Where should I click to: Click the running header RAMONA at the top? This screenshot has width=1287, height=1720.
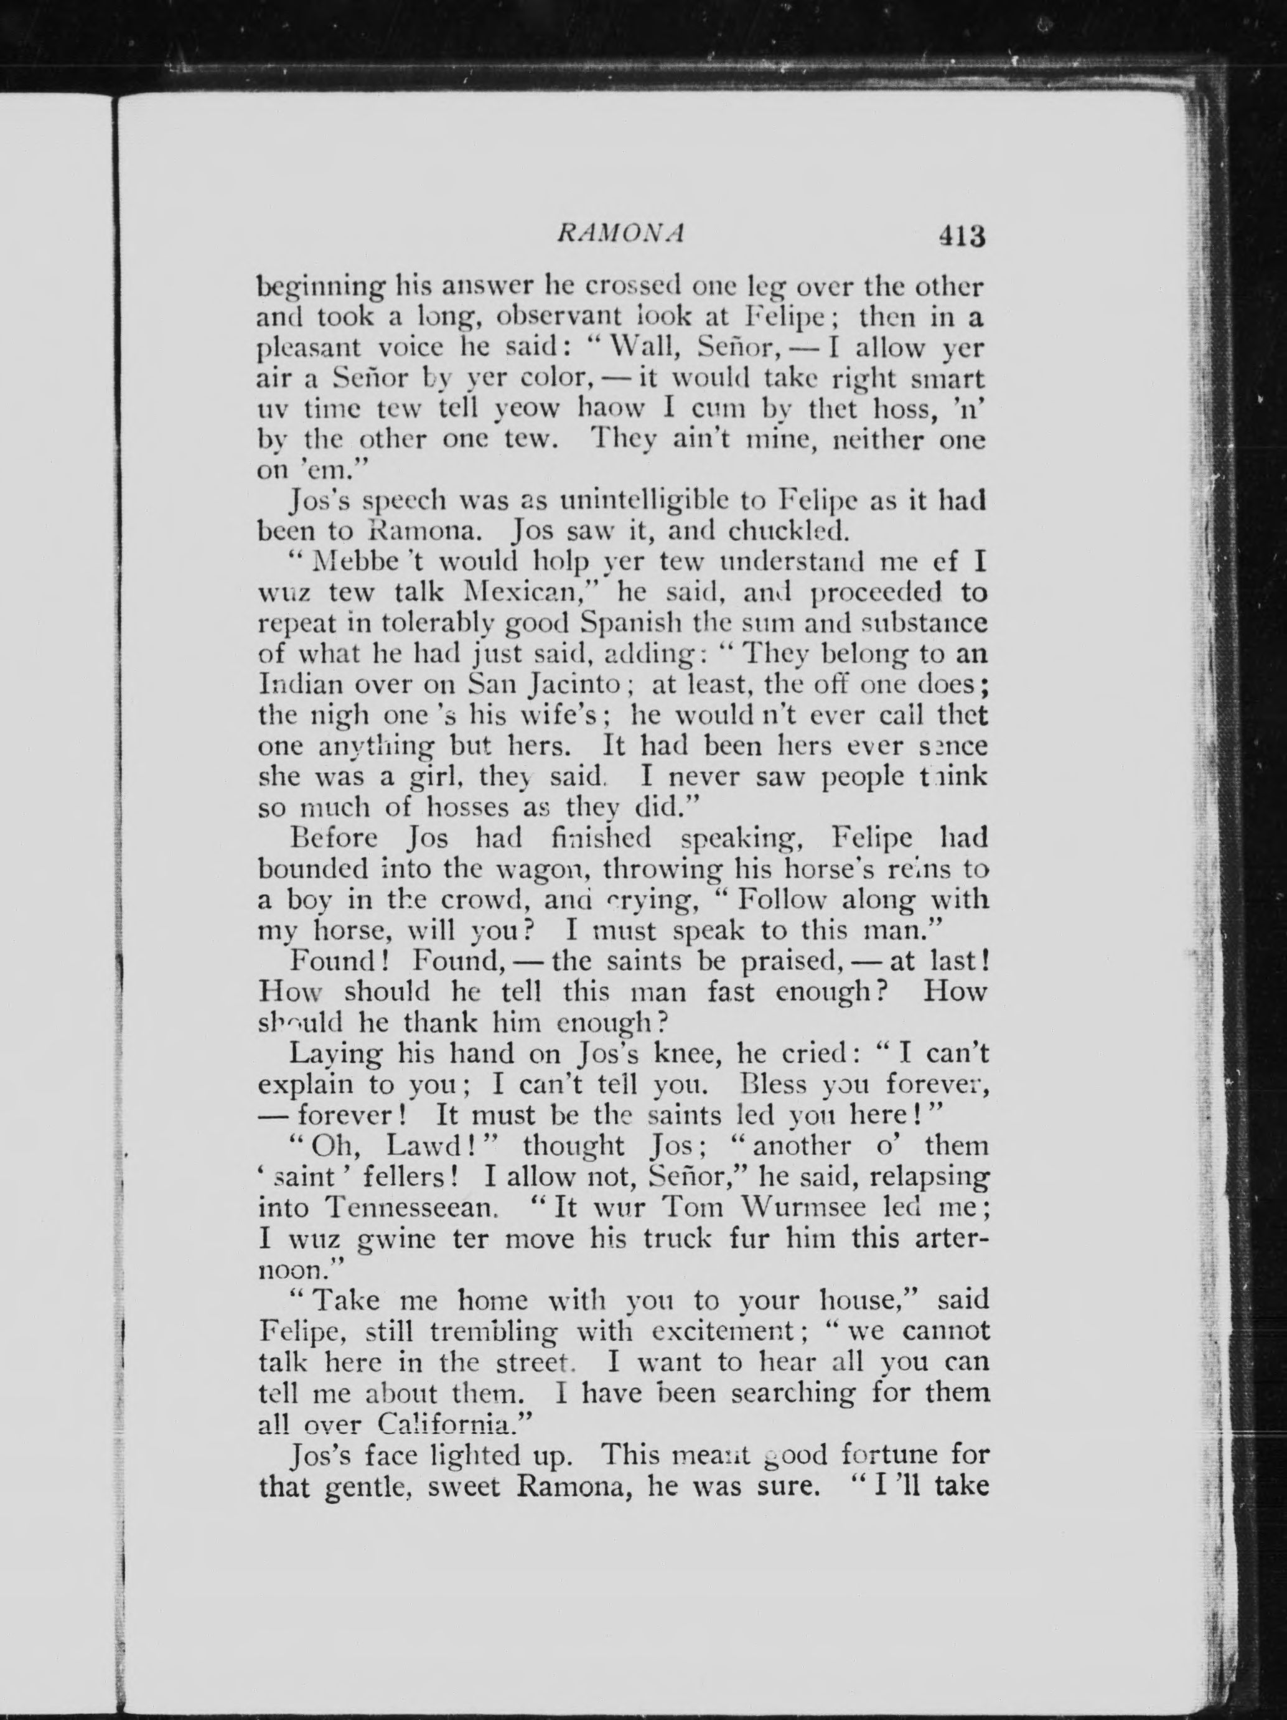coord(620,234)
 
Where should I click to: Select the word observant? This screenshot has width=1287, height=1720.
coord(579,318)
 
